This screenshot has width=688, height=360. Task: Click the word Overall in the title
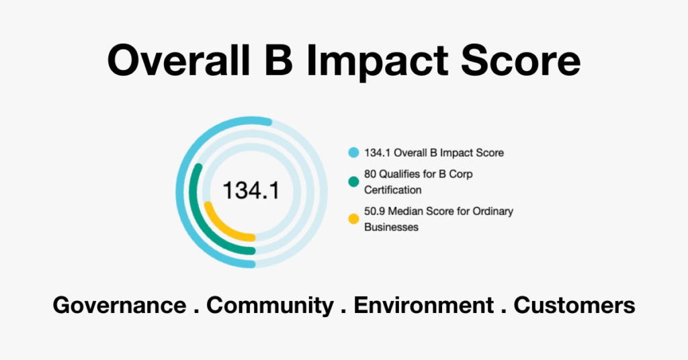pyautogui.click(x=179, y=60)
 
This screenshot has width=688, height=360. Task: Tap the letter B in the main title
pyautogui.click(x=279, y=60)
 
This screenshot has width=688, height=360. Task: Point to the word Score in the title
pyautogui.click(x=521, y=60)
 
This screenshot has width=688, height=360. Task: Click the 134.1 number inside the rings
pyautogui.click(x=251, y=191)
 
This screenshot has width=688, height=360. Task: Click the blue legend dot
pyautogui.click(x=353, y=152)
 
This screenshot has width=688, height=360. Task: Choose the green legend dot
pyautogui.click(x=353, y=181)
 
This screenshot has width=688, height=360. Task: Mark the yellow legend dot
pyautogui.click(x=353, y=219)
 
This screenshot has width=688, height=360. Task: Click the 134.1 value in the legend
pyautogui.click(x=378, y=152)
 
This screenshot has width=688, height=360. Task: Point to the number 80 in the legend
pyautogui.click(x=370, y=174)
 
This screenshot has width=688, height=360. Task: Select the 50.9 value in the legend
pyautogui.click(x=375, y=212)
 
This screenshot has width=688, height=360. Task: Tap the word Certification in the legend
pyautogui.click(x=392, y=190)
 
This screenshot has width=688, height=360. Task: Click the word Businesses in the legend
pyautogui.click(x=392, y=227)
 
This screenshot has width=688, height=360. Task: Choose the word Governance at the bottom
pyautogui.click(x=120, y=305)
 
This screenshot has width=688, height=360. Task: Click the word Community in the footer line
pyautogui.click(x=270, y=306)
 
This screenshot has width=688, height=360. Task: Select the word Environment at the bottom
pyautogui.click(x=424, y=305)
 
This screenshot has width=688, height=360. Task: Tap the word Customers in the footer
pyautogui.click(x=574, y=305)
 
